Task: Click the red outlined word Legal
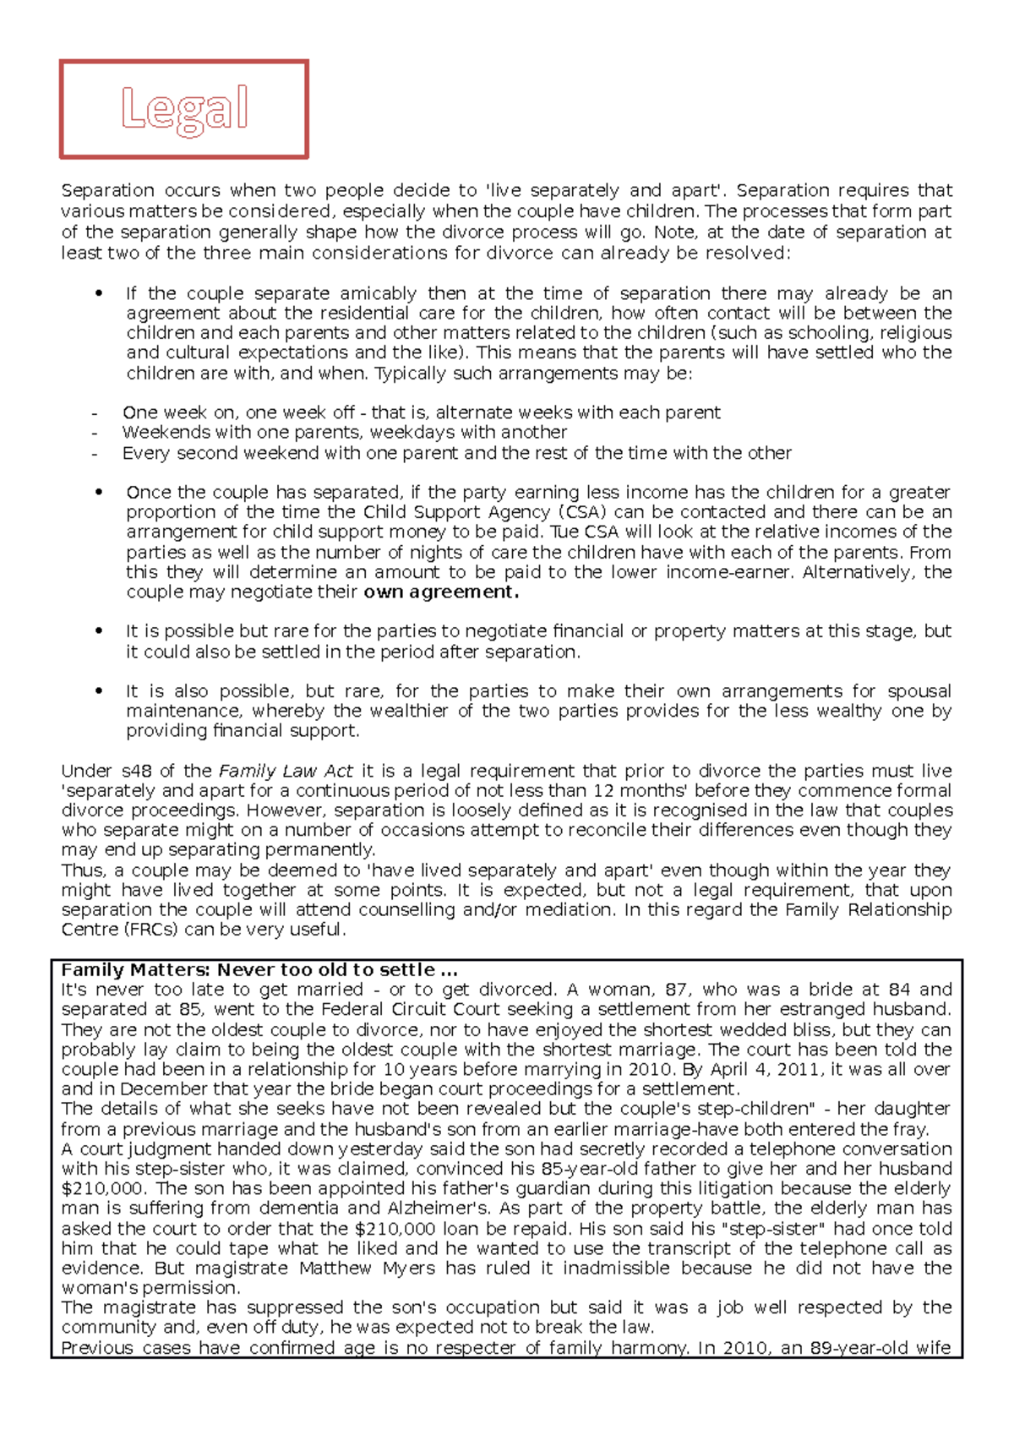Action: (x=184, y=109)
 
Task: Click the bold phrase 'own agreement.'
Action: (x=440, y=592)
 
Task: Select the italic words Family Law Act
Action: (x=286, y=771)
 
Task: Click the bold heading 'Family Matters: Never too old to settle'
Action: (x=259, y=970)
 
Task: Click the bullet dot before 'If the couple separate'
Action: (x=100, y=294)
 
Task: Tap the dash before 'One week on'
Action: (x=95, y=413)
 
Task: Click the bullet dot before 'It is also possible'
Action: (x=100, y=691)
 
